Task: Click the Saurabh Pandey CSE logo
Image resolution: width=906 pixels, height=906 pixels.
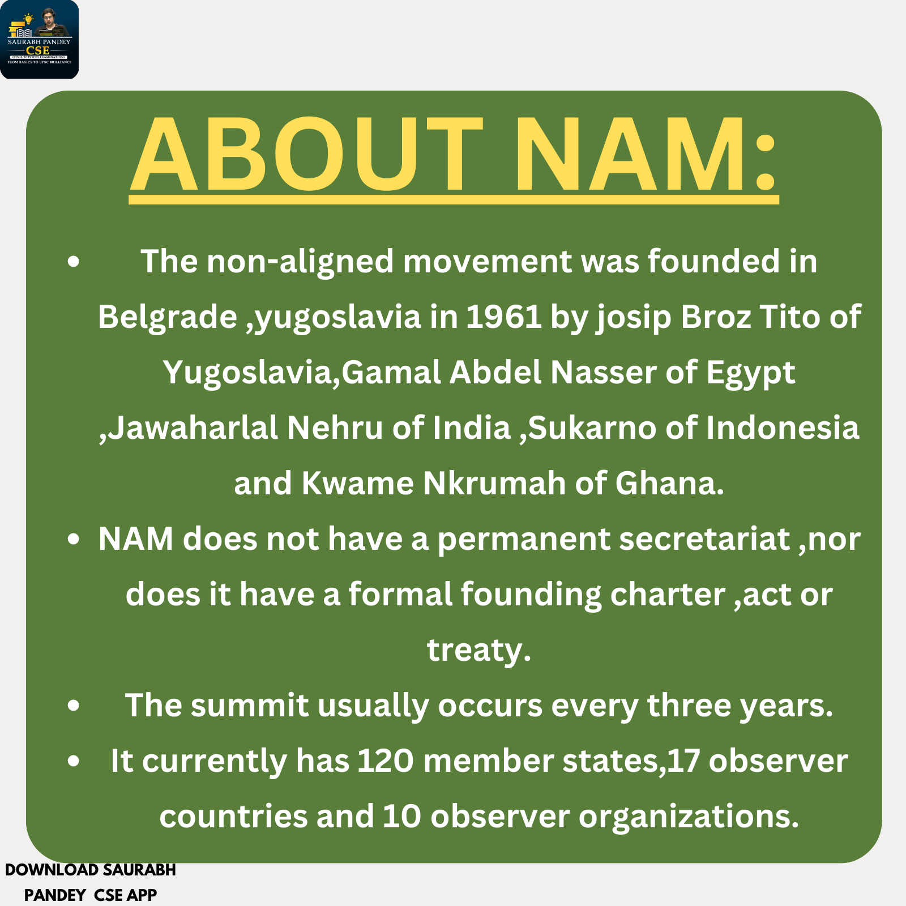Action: click(x=39, y=39)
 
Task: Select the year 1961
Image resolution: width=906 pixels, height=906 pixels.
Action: click(x=503, y=317)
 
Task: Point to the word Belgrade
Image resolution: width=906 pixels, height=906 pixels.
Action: click(x=168, y=318)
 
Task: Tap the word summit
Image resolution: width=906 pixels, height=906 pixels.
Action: click(x=250, y=706)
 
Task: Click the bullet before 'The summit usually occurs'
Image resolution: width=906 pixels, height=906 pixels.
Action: click(x=73, y=706)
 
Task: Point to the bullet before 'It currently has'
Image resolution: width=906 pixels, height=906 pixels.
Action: click(x=73, y=762)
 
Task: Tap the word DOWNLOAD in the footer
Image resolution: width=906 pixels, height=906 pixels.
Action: click(x=52, y=870)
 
